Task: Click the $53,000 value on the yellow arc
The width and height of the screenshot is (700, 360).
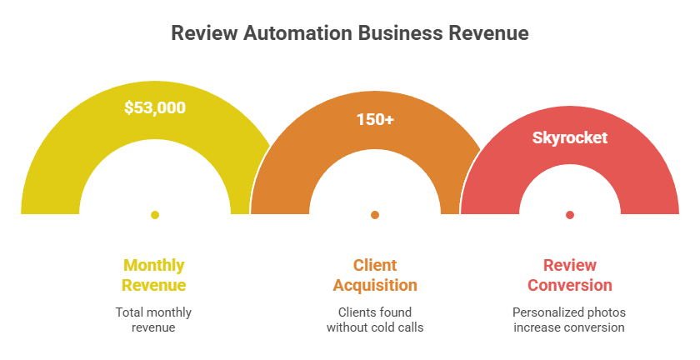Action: (x=155, y=107)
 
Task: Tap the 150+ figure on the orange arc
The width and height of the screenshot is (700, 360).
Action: (x=375, y=119)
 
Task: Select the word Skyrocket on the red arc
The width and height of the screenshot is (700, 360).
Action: (x=570, y=137)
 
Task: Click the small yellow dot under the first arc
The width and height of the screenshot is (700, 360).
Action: (x=155, y=215)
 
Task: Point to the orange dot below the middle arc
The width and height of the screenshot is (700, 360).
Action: (x=375, y=215)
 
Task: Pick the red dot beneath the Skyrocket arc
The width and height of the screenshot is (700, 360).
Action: (x=570, y=215)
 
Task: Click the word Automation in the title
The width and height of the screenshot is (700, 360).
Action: (x=297, y=33)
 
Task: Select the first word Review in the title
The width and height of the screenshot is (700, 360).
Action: (x=204, y=33)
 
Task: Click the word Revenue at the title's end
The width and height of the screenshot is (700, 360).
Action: (x=489, y=33)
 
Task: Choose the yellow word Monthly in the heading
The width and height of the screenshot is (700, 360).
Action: (x=154, y=265)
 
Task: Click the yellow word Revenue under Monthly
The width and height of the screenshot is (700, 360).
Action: (x=154, y=285)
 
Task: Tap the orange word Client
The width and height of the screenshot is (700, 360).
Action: (x=375, y=265)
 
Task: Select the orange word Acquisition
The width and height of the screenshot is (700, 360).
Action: (x=375, y=285)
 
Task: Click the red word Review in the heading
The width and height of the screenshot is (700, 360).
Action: (x=570, y=265)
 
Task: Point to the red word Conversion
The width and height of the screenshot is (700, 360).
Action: (x=570, y=285)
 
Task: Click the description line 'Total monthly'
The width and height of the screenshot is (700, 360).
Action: (x=153, y=312)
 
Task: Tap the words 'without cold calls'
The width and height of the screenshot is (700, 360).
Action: (x=375, y=327)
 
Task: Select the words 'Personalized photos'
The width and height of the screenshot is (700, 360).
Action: (x=569, y=312)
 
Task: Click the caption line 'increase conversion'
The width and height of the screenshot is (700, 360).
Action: (x=569, y=327)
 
